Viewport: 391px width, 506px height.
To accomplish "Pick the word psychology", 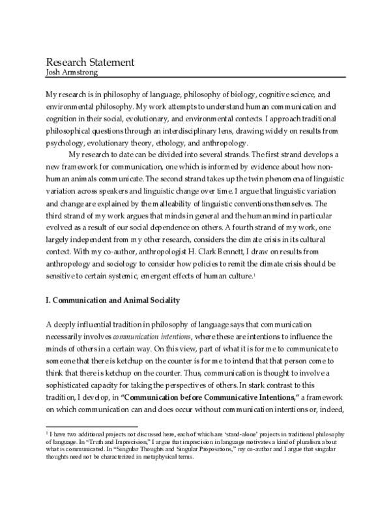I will tap(68, 144).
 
